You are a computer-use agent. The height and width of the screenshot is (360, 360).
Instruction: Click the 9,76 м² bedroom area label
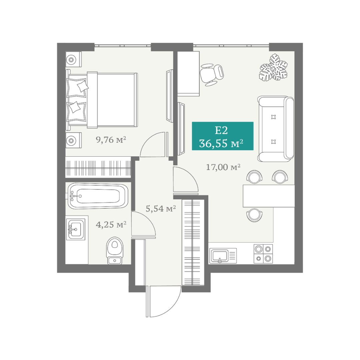coord(111,140)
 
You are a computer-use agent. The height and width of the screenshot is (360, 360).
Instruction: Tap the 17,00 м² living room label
coord(223,167)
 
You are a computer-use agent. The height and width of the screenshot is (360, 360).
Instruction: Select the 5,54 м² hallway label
coord(161,208)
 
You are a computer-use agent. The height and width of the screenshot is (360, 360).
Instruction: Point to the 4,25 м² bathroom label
coord(111,224)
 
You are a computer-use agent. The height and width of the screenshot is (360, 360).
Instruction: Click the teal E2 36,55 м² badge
coord(222,136)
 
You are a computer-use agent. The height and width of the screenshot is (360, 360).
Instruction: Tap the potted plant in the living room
coord(273,67)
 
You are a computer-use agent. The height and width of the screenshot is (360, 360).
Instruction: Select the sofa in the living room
coord(276,129)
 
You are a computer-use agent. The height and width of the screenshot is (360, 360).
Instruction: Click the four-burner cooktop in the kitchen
coord(263,254)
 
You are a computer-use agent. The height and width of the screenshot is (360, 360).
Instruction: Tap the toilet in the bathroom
coord(115,250)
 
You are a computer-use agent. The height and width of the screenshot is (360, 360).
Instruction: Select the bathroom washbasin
coord(76,229)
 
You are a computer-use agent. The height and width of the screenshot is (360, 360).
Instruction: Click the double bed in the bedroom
coord(102,100)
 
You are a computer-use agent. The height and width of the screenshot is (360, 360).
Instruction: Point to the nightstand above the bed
coord(73,59)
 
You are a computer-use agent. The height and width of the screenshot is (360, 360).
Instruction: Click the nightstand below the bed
coord(73,140)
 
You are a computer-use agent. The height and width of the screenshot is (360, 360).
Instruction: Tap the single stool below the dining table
coord(254,215)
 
